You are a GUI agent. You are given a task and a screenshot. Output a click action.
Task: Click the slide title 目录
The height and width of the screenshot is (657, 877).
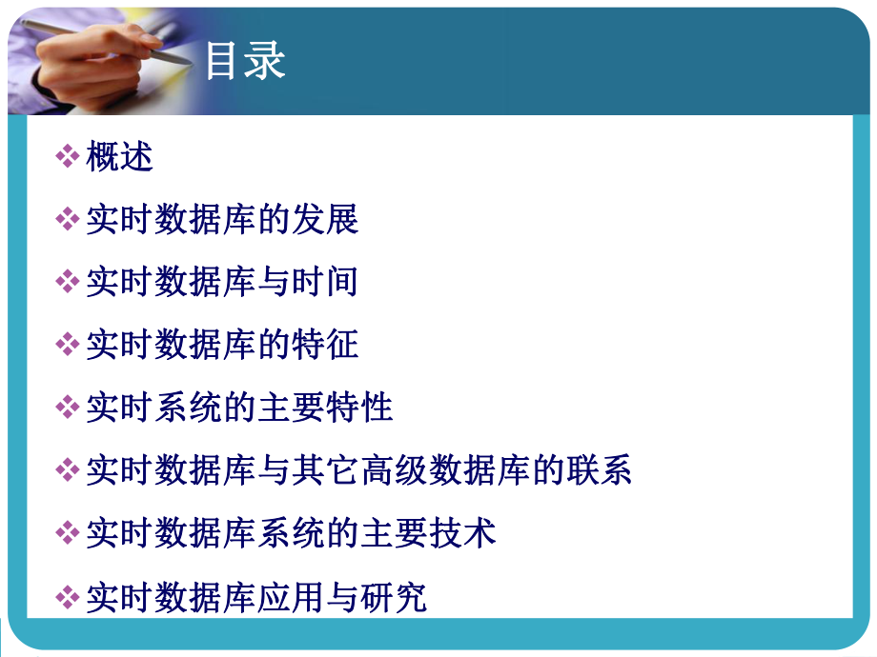point(245,62)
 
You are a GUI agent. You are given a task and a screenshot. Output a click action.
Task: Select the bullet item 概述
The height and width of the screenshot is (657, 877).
point(119,157)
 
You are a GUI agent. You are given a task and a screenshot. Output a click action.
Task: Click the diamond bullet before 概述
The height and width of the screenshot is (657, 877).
point(68,157)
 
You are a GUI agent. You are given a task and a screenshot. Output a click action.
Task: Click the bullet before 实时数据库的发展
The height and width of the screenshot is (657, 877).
point(68,220)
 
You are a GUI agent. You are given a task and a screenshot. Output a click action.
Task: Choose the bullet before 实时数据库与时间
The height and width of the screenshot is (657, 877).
point(68,282)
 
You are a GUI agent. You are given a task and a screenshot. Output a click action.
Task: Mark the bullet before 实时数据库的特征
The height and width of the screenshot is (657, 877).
point(68,345)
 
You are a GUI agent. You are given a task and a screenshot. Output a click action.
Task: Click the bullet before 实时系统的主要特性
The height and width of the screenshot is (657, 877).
point(68,408)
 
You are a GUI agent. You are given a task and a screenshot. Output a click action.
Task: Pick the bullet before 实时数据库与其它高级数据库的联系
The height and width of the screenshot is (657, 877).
point(68,470)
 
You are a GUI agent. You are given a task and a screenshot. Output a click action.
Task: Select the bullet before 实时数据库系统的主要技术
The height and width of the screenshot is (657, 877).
point(68,533)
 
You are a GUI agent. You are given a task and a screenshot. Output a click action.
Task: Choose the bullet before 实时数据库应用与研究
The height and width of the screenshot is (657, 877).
point(68,597)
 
